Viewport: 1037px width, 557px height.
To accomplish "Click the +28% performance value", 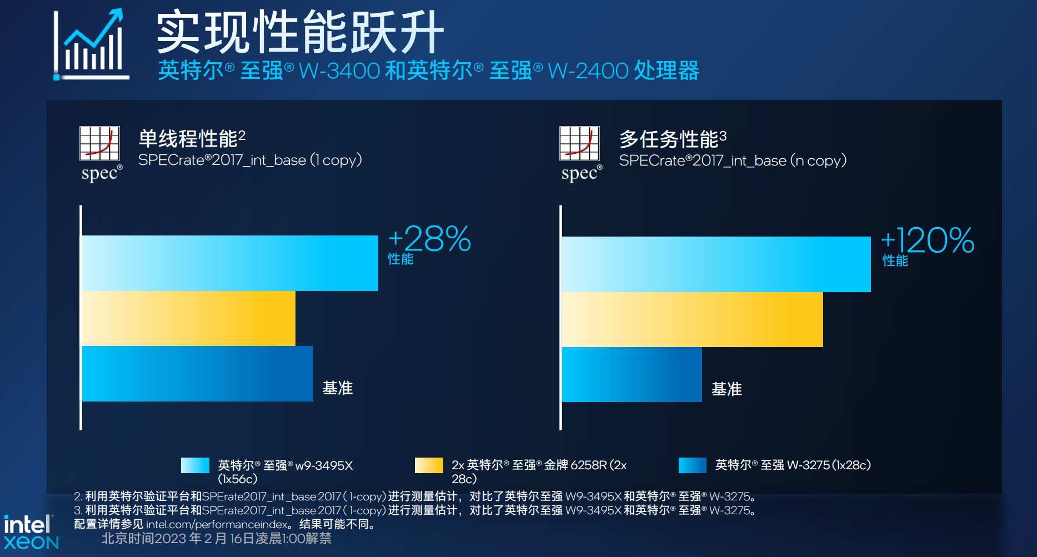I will (429, 239).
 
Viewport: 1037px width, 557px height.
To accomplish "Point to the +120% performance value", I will (928, 240).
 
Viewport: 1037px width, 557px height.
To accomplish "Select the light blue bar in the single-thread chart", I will (229, 263).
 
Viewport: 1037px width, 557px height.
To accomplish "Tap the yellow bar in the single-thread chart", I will (188, 318).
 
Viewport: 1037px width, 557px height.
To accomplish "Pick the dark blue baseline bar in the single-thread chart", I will (197, 374).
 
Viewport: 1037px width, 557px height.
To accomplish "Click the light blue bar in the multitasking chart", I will (716, 264).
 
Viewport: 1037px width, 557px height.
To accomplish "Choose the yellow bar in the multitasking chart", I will (692, 319).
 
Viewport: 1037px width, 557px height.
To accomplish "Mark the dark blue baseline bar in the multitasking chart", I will (632, 375).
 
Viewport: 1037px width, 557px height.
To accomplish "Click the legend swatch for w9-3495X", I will (195, 465).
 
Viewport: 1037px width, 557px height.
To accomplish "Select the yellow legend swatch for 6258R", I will (429, 465).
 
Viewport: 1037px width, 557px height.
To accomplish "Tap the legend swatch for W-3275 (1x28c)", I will (692, 465).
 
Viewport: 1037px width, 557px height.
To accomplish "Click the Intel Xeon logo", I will (31, 532).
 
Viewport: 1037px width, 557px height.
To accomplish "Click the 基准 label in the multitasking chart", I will (727, 389).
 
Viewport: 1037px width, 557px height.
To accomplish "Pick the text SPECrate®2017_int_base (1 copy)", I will (250, 160).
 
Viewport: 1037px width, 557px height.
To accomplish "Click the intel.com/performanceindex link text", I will (217, 524).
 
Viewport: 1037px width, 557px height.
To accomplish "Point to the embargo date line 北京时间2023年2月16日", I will (217, 538).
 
